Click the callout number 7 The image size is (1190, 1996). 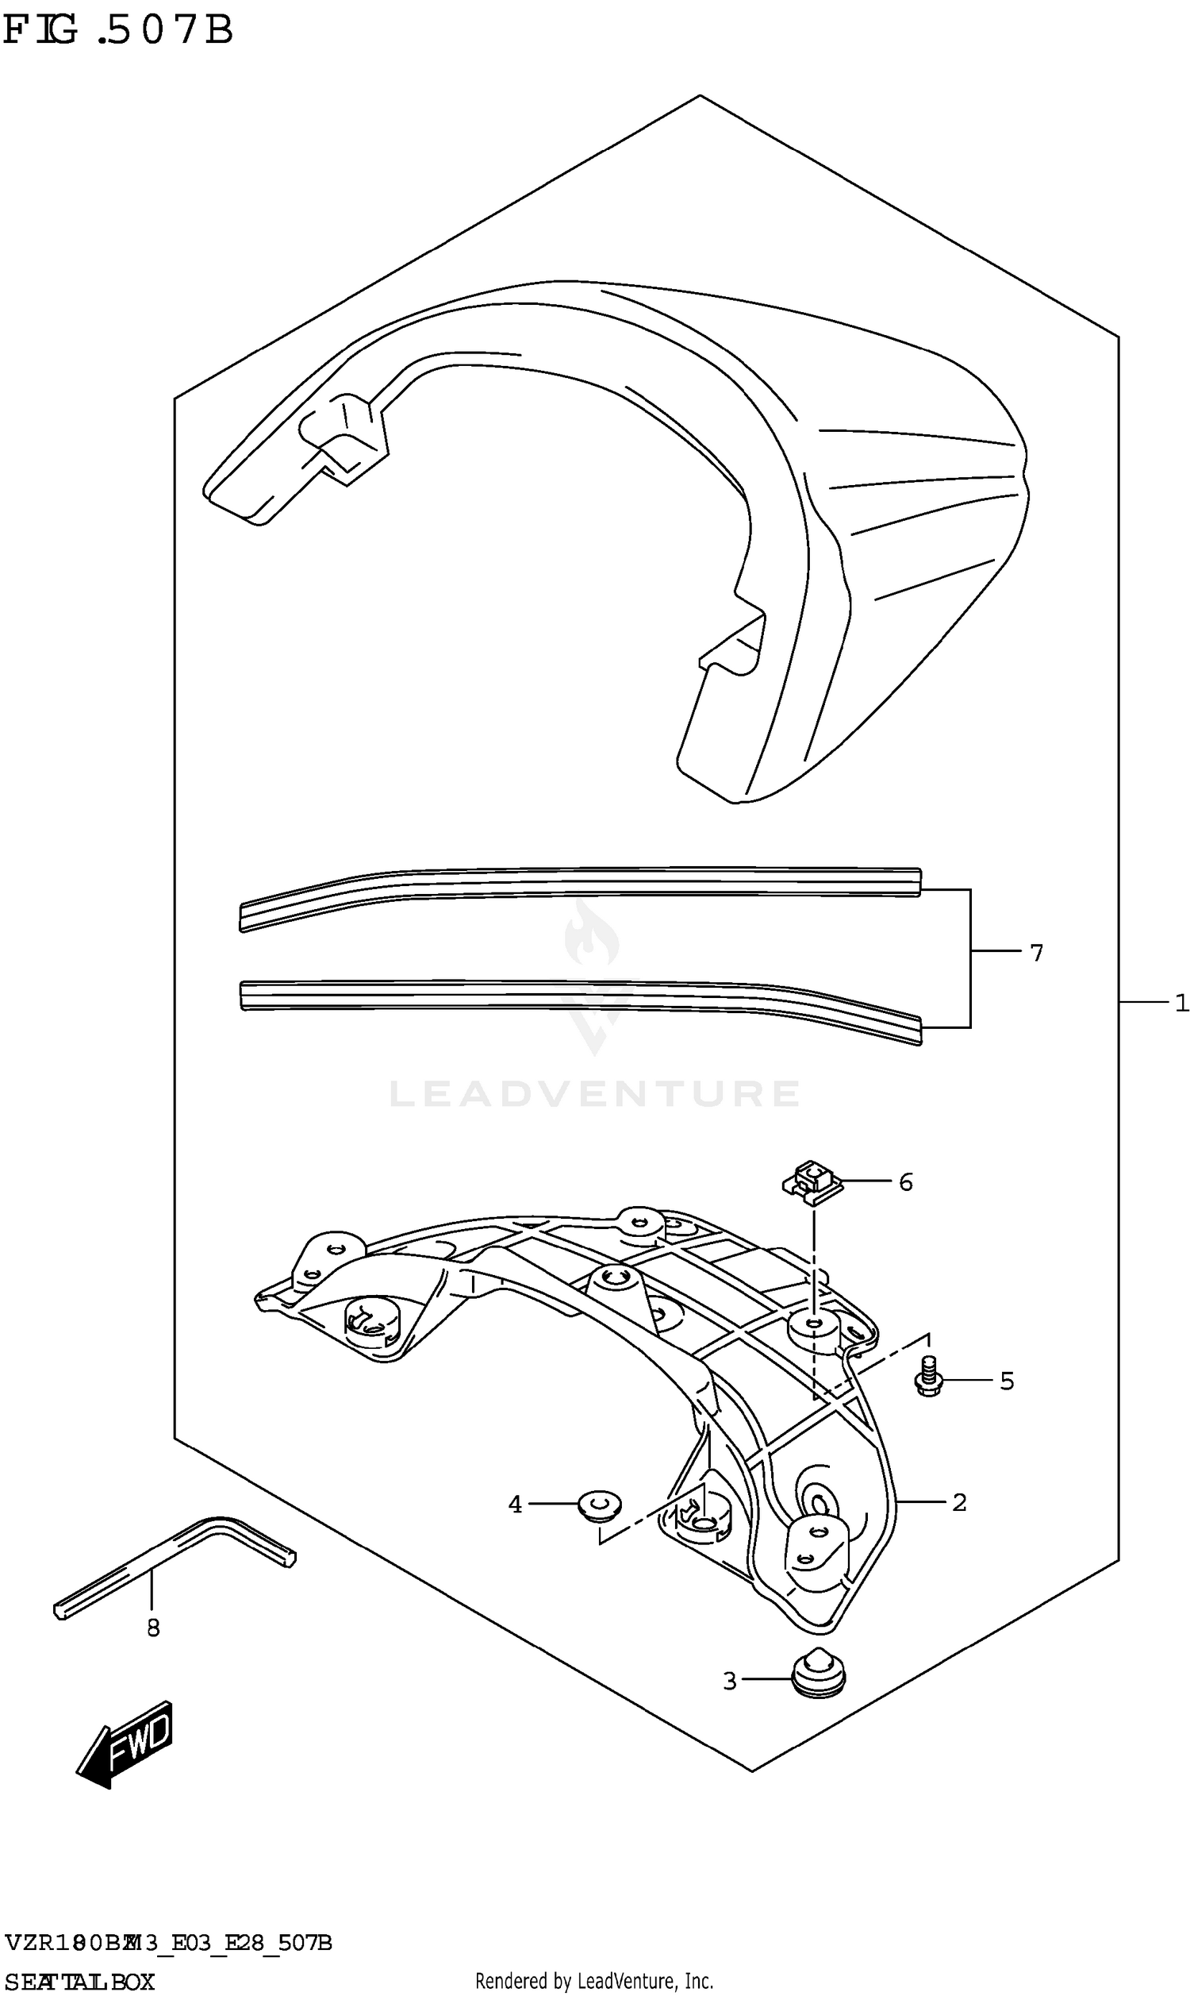1036,953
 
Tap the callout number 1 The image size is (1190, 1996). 1180,1003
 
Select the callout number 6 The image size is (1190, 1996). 905,1181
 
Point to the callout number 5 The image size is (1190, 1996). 1007,1381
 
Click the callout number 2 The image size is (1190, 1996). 959,1502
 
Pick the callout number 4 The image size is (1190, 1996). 515,1505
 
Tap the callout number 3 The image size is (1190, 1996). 730,1681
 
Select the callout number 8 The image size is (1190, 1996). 153,1628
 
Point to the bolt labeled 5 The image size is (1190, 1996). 928,1378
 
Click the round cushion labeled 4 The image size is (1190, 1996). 600,1505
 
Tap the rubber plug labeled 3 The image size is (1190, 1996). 817,1674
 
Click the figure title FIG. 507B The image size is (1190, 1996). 118,30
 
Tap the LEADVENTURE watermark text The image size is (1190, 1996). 594,1094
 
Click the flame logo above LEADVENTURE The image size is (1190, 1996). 592,934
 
